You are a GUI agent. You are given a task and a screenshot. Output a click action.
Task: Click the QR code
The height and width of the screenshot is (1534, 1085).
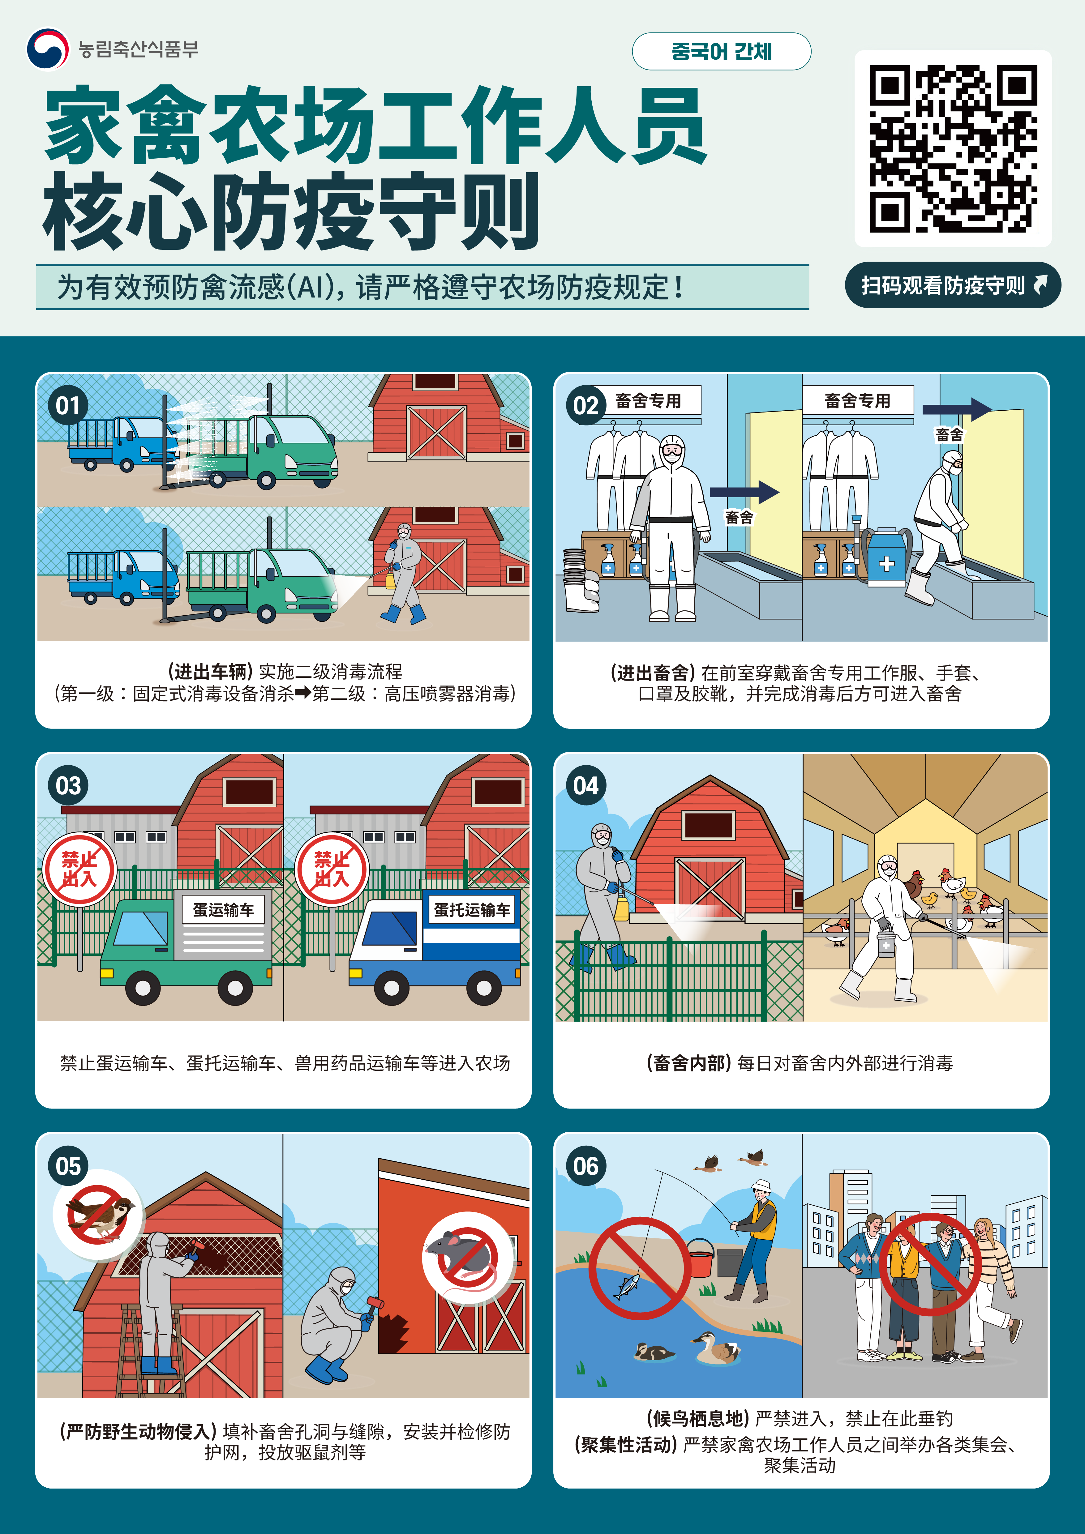point(953,148)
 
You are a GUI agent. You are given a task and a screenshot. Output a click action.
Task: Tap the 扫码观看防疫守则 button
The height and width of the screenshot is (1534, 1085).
point(952,285)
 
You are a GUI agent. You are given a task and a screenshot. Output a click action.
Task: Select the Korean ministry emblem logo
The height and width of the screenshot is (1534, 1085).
point(47,48)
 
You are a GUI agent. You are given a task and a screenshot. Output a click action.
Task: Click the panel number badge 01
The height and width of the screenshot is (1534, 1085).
point(67,405)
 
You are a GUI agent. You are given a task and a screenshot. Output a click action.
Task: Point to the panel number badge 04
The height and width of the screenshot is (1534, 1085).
point(586,785)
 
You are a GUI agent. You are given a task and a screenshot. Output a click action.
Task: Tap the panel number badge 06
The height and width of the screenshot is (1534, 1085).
point(586,1166)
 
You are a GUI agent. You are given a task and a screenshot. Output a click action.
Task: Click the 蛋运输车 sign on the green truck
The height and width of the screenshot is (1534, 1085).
point(223,909)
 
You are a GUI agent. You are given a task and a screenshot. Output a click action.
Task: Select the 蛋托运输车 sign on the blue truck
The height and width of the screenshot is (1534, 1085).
point(472,909)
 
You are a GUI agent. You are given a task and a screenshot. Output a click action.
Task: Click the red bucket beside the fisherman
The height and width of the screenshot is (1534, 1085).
point(700,1258)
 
